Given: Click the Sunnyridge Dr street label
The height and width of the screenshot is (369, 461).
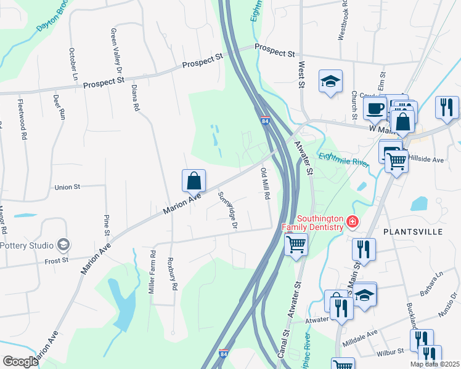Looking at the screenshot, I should coord(228,210).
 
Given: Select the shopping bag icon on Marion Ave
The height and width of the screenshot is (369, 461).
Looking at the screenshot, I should coord(194,180).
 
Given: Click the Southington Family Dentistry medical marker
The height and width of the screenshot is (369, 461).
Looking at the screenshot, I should coord(352,221).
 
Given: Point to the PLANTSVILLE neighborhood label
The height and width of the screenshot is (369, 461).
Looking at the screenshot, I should coord(413,232).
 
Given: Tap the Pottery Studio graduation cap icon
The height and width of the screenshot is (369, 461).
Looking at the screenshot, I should coord(63,245).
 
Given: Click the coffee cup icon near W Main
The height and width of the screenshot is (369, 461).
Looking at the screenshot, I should coord(374,108).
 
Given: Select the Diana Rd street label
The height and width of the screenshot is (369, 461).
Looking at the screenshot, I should coord(134,97).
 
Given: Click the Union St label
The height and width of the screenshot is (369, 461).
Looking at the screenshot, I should coord(68,187).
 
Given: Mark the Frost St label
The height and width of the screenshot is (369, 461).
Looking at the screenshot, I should coord(56,261).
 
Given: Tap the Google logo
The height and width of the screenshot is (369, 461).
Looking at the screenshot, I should coord(21,361).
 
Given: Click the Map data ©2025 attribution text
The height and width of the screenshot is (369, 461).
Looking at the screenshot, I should coord(434,363).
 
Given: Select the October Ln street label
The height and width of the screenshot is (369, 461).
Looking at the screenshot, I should coord(73,65).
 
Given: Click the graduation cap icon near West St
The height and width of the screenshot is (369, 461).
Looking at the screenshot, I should coord(330,81).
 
